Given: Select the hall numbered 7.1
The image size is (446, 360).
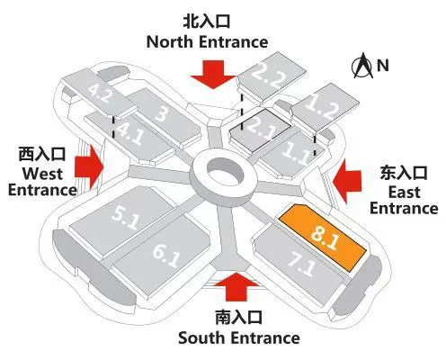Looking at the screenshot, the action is pos(299,264).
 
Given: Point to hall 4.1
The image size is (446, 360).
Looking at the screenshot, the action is pos(129,135).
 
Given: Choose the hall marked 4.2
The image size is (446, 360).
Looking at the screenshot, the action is pos(99,93).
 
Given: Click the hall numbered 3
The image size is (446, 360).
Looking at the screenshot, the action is pos(164,115).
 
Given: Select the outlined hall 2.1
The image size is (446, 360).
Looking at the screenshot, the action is pos(260,130).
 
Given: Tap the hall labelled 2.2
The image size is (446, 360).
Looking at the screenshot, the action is pos(272,76).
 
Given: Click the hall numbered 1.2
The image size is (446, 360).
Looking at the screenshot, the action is pos(326,108).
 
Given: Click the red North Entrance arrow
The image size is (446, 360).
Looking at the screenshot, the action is pos(213,75).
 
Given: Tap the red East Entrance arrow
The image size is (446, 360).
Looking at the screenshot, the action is pos(347,181).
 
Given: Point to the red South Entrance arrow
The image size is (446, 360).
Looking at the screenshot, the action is pos(236,286).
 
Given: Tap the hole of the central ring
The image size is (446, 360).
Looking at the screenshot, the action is pos(224,174).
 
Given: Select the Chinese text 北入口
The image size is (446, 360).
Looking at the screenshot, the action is pos(207,22).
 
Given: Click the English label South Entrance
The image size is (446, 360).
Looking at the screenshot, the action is pos(239,337).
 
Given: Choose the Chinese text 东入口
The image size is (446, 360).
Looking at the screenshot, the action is pos(404,173).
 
